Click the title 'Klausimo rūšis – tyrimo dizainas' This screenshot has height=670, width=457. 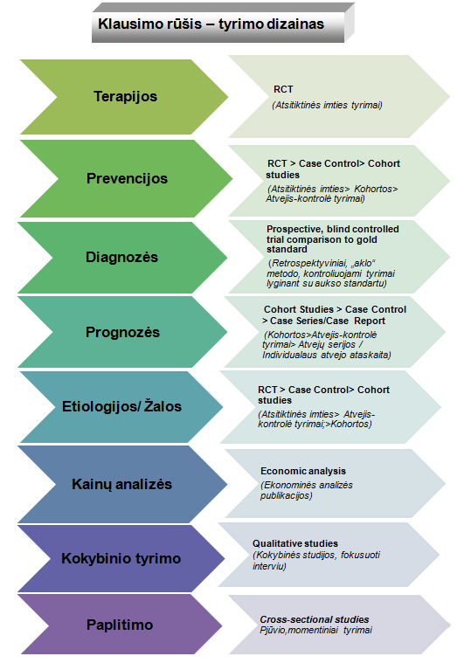click(211, 24)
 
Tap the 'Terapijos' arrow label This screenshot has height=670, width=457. click(125, 97)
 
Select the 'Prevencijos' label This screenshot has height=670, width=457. click(127, 178)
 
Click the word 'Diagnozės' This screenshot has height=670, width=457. click(121, 257)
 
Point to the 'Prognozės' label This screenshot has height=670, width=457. click(122, 332)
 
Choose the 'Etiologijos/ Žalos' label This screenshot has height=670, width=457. click(121, 406)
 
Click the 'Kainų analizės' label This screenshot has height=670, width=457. click(121, 484)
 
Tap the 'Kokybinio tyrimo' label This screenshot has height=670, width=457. click(121, 558)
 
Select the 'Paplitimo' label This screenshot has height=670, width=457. click(120, 625)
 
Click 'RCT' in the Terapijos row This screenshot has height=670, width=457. click(283, 89)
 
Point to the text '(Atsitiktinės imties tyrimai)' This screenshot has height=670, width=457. click(327, 105)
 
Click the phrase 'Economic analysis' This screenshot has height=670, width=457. click(303, 471)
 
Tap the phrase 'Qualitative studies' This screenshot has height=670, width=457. click(295, 543)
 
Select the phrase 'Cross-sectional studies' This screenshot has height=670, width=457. click(315, 619)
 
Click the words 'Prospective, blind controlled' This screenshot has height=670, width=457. click(333, 229)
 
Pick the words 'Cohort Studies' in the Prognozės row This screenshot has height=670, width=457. click(298, 309)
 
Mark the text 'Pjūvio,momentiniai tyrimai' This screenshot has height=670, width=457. click(316, 631)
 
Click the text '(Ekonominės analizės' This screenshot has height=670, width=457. click(307, 486)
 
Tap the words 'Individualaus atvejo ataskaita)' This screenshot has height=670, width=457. click(327, 355)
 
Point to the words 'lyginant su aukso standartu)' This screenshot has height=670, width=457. click(327, 283)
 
